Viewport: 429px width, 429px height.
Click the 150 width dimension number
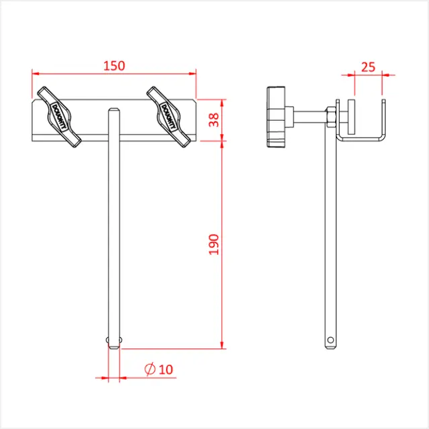(114, 66)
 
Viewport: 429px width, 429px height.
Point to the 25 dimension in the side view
(368, 67)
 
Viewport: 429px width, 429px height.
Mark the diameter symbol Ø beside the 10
(149, 369)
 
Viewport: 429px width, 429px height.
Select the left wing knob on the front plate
(58, 116)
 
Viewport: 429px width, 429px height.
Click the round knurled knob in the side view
(276, 117)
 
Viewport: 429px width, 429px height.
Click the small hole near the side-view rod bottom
(329, 341)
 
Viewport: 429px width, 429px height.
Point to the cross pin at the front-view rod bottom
(115, 341)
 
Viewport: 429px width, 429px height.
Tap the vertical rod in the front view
(115, 228)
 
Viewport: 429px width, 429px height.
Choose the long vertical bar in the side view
(329, 235)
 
